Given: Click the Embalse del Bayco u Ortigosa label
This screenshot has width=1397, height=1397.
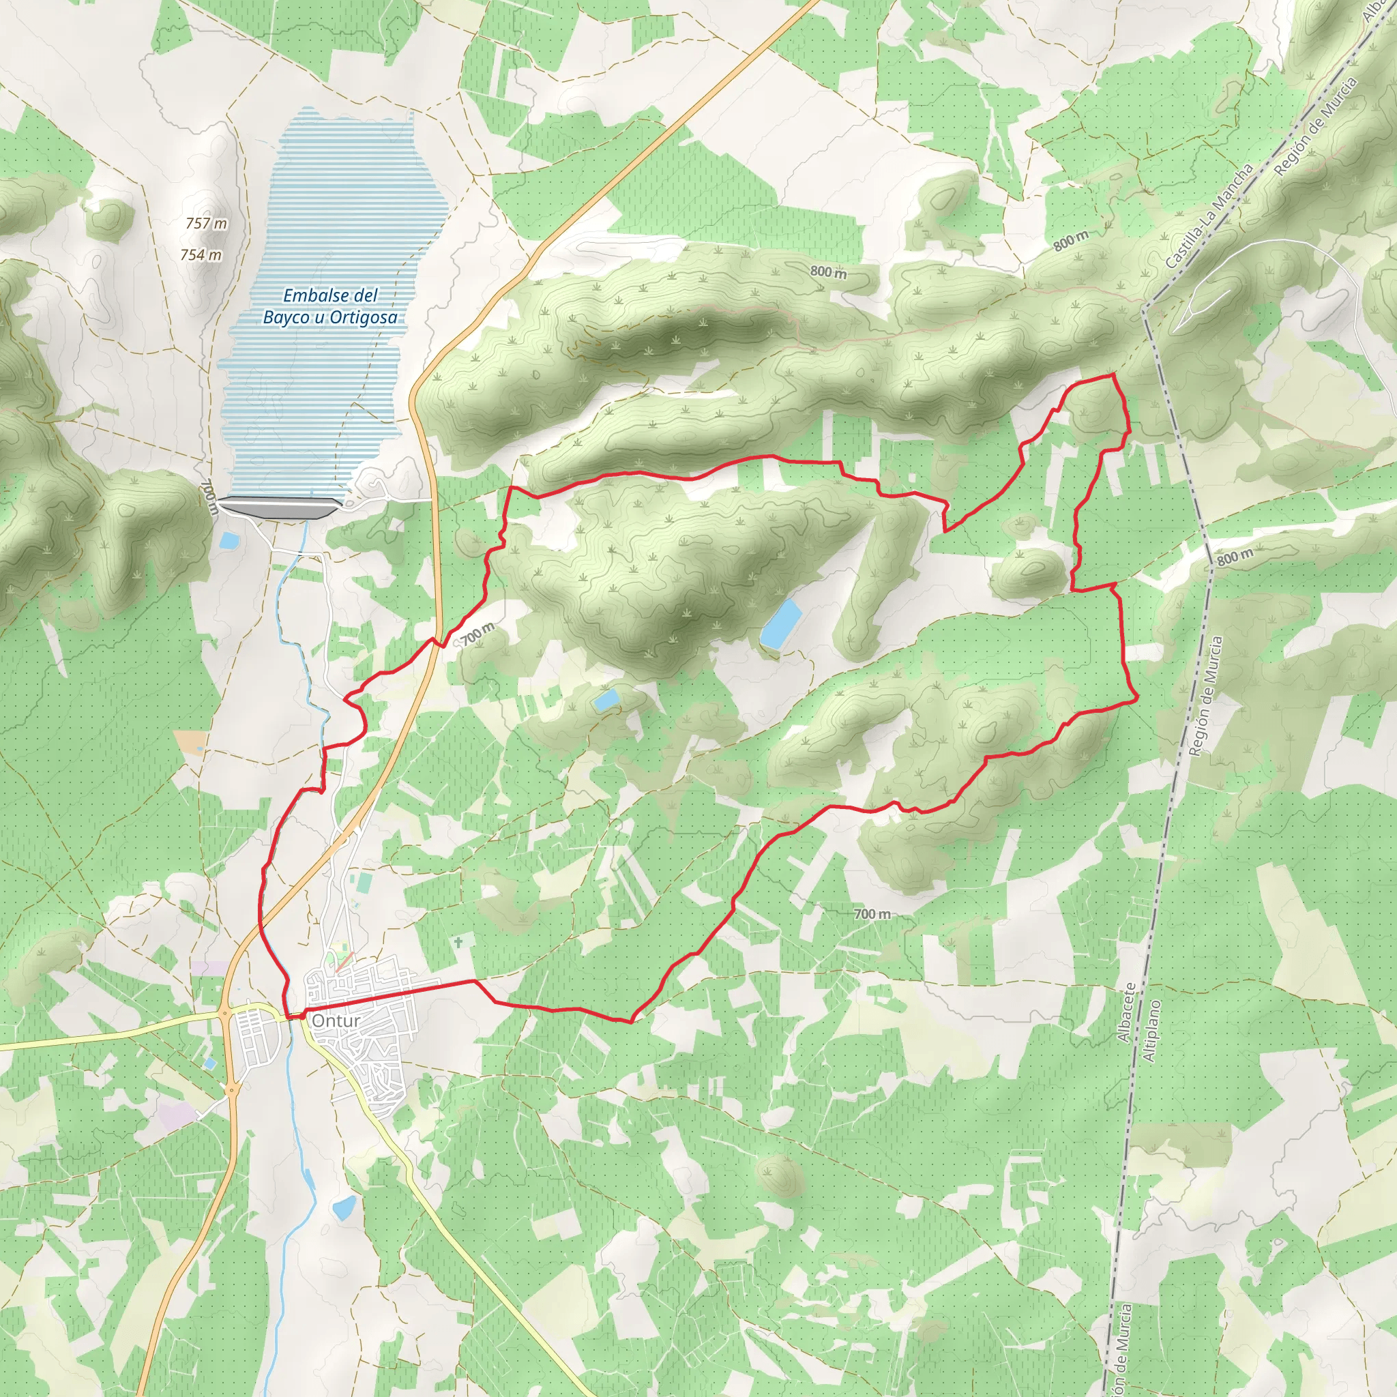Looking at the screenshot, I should [329, 306].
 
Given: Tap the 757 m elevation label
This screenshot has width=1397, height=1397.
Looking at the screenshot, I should [206, 224].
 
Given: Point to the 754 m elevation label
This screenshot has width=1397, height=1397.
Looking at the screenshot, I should [201, 255].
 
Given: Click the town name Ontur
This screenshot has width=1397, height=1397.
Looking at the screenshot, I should [336, 1021].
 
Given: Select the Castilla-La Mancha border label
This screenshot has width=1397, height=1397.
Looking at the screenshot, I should [1208, 216].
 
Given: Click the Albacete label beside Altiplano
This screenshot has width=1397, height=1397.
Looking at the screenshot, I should [1124, 1012].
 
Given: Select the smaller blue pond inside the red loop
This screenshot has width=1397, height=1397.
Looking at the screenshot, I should [606, 698].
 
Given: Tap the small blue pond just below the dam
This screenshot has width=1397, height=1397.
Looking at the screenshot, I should [229, 540].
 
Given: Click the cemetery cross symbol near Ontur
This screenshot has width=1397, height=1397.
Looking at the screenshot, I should [458, 942].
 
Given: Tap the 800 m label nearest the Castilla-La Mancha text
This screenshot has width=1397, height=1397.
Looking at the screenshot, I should [1070, 240].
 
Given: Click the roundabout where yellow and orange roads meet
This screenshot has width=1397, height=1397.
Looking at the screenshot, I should [225, 1015].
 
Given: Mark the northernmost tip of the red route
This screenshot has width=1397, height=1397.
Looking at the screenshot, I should [1111, 375].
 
